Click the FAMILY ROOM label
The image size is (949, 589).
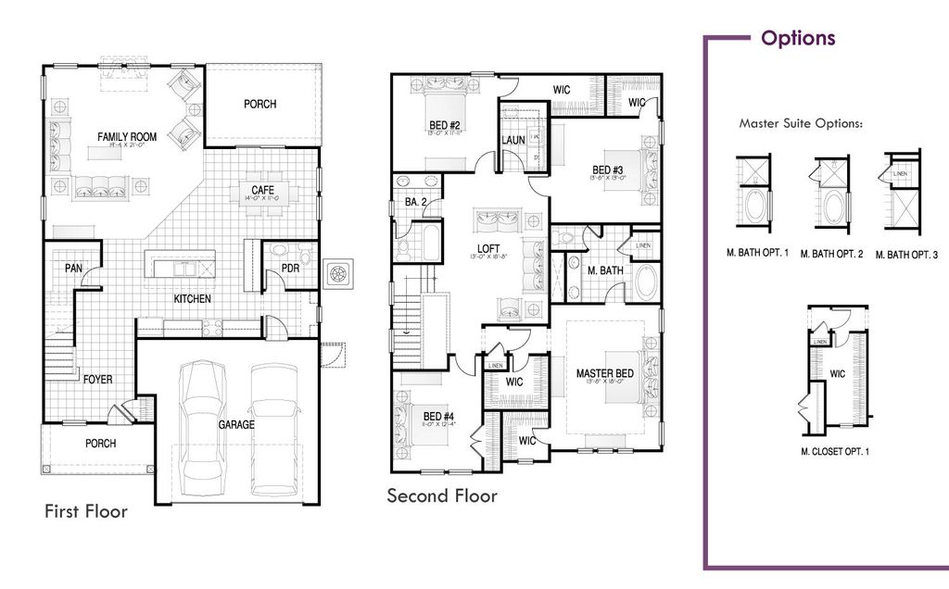click(127, 137)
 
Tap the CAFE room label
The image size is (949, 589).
click(261, 191)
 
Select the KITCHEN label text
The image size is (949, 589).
click(193, 299)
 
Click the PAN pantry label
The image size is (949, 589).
click(74, 269)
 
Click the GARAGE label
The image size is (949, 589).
click(236, 424)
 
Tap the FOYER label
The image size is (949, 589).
click(98, 379)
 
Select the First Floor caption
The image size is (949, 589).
click(86, 511)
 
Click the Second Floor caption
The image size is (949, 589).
click(442, 496)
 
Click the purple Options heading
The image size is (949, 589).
click(798, 38)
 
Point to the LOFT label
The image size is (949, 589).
click(488, 248)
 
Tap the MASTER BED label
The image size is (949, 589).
click(605, 374)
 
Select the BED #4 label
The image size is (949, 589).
click(438, 417)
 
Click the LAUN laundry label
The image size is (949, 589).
click(513, 140)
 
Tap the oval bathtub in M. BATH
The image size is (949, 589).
click(646, 282)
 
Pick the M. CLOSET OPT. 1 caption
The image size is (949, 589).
click(835, 452)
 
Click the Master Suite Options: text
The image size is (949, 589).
click(801, 122)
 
